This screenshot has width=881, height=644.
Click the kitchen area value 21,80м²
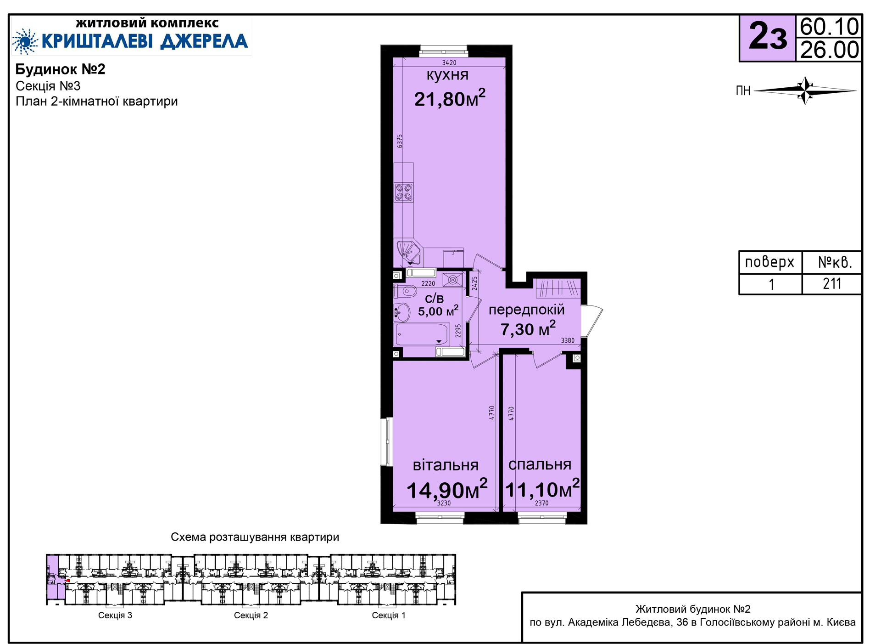[450, 98]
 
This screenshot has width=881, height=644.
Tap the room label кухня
[447, 75]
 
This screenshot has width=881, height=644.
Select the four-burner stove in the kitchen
[404, 192]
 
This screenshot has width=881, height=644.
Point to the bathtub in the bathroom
[422, 334]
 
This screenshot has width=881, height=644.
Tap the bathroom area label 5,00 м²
[438, 311]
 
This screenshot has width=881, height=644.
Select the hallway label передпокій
[526, 310]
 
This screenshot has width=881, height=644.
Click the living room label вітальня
[446, 465]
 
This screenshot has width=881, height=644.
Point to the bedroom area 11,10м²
[542, 489]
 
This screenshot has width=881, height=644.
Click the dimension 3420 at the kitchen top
[449, 63]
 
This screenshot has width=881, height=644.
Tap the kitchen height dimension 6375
[400, 141]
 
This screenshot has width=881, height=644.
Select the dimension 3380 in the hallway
[568, 340]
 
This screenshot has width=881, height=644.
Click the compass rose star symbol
[805, 90]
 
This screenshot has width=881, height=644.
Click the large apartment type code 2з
[768, 37]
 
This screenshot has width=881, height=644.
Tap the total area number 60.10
[829, 27]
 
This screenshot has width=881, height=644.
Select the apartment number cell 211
[831, 284]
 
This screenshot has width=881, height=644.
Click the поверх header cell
[770, 262]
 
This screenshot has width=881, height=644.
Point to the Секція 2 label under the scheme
[251, 615]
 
